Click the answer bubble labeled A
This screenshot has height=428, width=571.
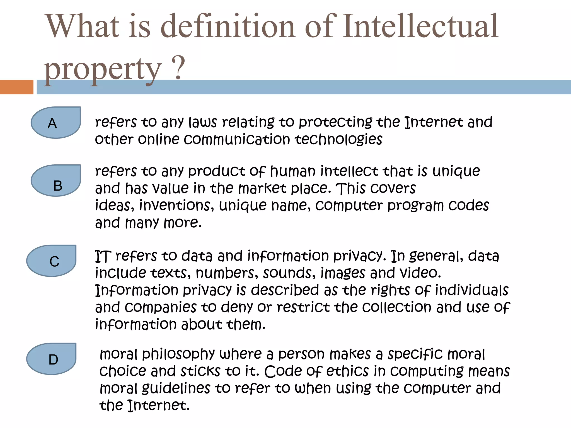coord(56,123)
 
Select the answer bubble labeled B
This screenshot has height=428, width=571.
coord(56,181)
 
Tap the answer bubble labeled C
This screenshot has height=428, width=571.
coord(52,261)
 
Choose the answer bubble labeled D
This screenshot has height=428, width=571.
coord(52,359)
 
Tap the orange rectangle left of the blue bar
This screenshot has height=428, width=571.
coord(16,87)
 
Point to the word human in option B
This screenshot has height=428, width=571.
coord(292,171)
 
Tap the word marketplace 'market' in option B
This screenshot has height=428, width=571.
coord(262,189)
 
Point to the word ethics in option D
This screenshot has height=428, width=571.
coord(347,371)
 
